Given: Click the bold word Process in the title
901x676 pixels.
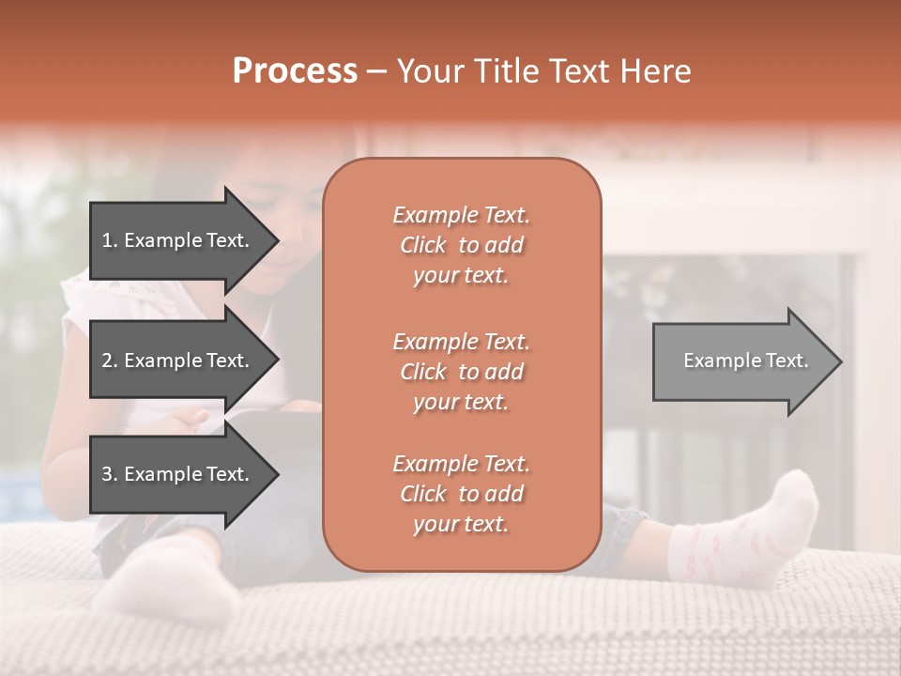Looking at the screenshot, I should [295, 71].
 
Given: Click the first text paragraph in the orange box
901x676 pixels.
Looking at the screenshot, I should [461, 245].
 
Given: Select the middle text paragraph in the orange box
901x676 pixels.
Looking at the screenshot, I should [461, 371].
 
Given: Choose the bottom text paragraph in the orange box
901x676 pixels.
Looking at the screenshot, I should [461, 494].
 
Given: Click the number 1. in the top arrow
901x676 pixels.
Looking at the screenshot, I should [110, 240].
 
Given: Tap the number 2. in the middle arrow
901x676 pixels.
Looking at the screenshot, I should [110, 361].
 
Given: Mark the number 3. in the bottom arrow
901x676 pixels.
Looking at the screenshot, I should [110, 474].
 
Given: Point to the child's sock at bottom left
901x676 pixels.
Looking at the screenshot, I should [169, 573].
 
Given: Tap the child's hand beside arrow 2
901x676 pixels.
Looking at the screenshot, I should [192, 418].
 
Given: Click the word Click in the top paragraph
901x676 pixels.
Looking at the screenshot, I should [423, 245].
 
